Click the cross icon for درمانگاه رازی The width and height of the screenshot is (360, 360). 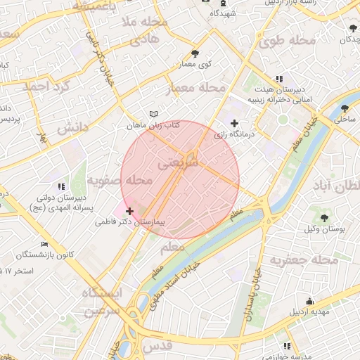pos(235,123)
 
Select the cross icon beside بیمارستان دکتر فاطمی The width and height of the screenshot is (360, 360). pos(129,211)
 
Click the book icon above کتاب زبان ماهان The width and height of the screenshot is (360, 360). pos(155,114)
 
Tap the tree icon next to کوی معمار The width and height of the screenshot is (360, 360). pos(195,53)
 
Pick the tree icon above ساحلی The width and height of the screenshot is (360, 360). pos(345,108)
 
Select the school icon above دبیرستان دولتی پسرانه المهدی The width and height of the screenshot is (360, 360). pos(62,186)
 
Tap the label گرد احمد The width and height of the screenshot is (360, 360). pos(46,88)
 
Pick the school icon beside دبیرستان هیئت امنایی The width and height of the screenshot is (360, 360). pos(279,79)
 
